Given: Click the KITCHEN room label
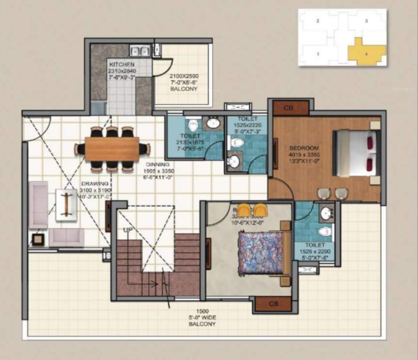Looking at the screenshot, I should [122, 64].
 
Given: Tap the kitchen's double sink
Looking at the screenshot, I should [140, 50].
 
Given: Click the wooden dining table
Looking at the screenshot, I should [112, 149].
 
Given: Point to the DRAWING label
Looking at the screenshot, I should [95, 183].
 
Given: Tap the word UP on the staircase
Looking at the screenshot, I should [127, 229].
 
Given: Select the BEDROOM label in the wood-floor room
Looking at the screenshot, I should [305, 148].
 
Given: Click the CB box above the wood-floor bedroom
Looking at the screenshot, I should [288, 108].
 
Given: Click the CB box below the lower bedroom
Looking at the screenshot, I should [273, 304].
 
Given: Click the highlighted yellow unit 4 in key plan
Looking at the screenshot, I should [366, 52].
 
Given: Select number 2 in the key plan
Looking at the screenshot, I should [318, 21].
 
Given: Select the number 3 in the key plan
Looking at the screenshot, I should [366, 21].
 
